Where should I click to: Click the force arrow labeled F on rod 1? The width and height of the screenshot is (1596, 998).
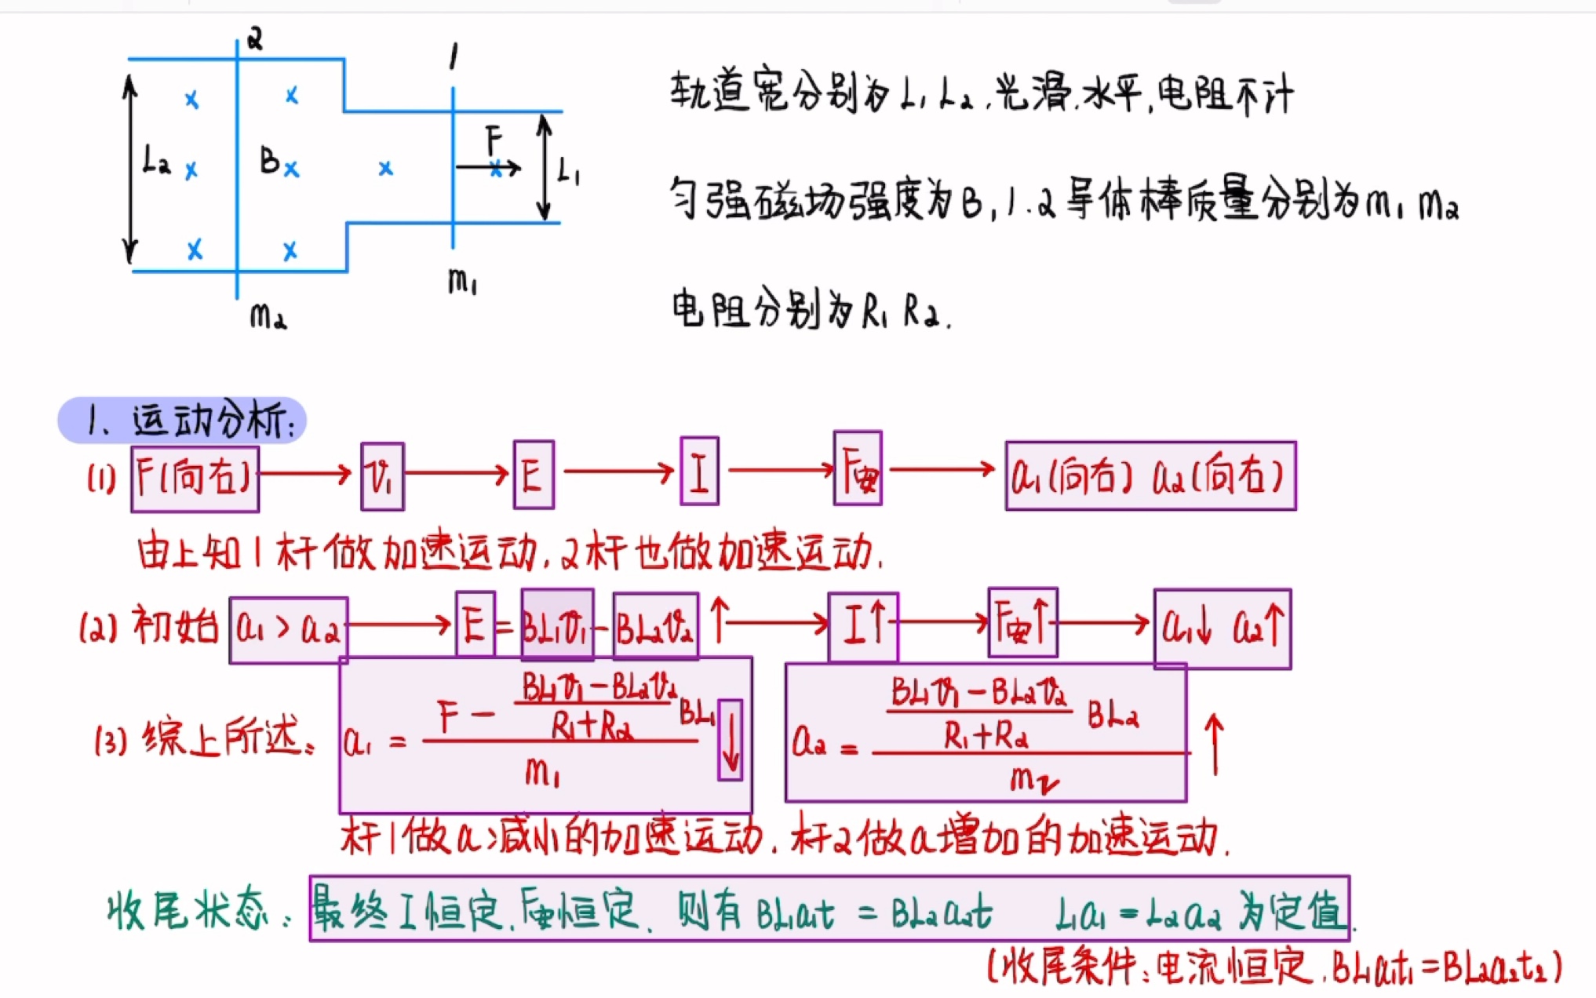pos(487,167)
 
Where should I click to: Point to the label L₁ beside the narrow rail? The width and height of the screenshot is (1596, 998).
pos(568,170)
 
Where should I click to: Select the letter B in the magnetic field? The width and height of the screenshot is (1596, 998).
pos(270,161)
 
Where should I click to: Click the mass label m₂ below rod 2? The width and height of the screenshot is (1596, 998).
pos(268,316)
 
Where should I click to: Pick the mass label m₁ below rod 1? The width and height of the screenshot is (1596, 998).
pos(462,281)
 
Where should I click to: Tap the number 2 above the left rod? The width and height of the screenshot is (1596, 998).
pos(254,38)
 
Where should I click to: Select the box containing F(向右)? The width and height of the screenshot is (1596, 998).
pos(195,478)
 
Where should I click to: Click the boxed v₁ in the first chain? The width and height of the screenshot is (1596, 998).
pos(382,476)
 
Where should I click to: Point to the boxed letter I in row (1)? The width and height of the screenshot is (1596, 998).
pos(699,472)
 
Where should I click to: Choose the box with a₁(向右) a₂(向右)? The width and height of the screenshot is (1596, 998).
pos(1150,475)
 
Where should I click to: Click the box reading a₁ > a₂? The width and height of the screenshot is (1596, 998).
pos(289,630)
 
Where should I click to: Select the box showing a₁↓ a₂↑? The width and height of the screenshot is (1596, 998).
pos(1222,628)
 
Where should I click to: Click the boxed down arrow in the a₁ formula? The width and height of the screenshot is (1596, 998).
pos(730,739)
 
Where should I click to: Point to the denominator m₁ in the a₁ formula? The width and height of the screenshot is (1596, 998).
pos(542,774)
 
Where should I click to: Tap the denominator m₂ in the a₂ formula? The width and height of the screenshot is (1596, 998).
pos(1033,780)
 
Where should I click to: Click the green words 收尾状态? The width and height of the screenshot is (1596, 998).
pos(188,912)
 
